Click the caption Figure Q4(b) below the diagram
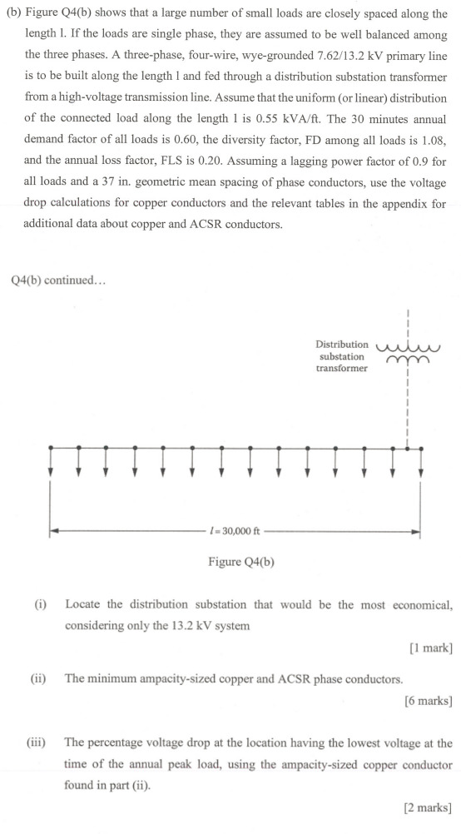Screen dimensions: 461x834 point(241,562)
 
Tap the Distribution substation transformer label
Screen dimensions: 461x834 point(341,356)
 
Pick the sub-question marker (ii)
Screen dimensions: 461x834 point(39,678)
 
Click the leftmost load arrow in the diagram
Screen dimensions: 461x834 point(52,462)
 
